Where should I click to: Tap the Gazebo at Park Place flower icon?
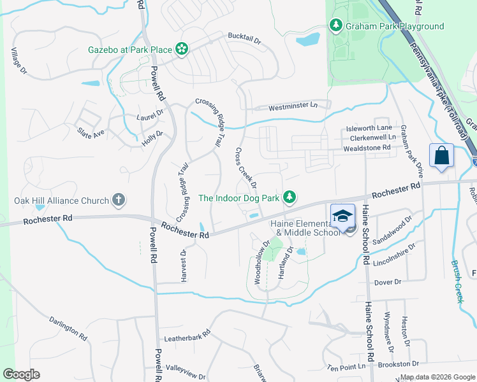click(x=181, y=48)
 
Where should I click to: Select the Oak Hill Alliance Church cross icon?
click(x=118, y=200)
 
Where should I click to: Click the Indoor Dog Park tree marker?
click(x=290, y=197)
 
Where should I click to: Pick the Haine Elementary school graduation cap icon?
click(x=342, y=215)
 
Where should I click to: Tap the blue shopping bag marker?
click(x=442, y=155)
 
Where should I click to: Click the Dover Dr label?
click(x=388, y=281)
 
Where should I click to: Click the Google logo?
click(x=21, y=374)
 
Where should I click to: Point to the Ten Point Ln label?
click(x=347, y=367)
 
